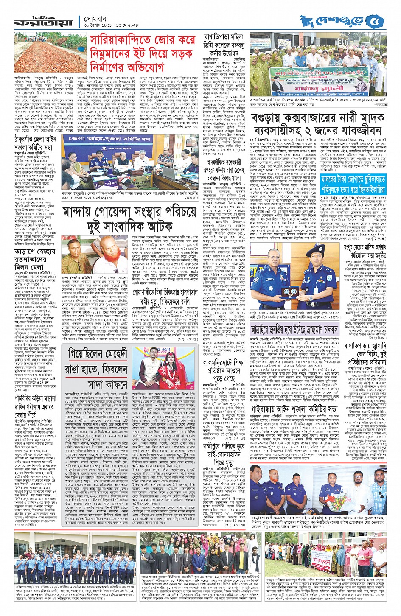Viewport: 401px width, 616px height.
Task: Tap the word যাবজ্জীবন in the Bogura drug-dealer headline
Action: tap(361, 130)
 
